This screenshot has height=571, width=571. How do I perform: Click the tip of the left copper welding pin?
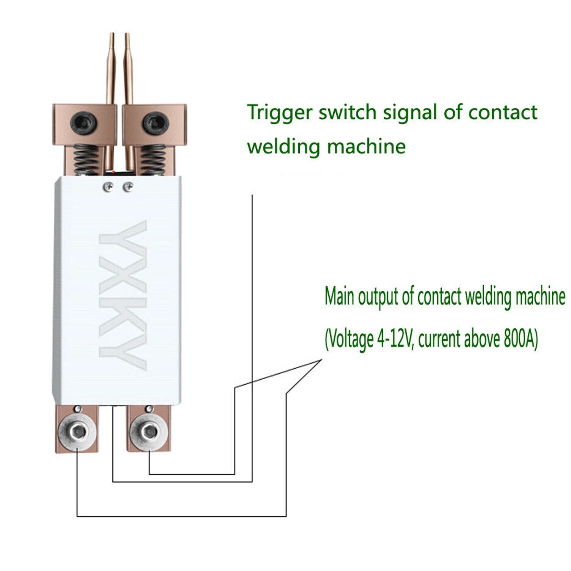[x=112, y=33]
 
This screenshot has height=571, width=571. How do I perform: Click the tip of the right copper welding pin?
[x=127, y=34]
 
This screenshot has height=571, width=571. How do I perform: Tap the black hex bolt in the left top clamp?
[x=84, y=122]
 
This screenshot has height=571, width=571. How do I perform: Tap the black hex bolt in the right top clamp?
[x=156, y=122]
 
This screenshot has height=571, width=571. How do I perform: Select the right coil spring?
[x=153, y=160]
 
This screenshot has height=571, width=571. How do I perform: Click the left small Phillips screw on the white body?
[x=108, y=187]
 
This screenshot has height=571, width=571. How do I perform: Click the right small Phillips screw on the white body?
[x=128, y=187]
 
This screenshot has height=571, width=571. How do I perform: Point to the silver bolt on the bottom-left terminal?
[x=77, y=433]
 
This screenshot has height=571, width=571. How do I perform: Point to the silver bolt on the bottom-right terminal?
[x=149, y=433]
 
